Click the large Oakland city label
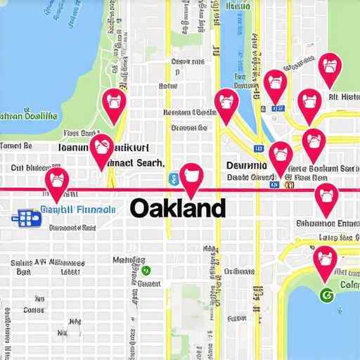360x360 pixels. (178, 208)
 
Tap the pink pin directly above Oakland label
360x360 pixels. (191, 179)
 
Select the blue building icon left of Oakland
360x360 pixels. (27, 217)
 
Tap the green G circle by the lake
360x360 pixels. (325, 295)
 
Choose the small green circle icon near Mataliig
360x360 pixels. (146, 270)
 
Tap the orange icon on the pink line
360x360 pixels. (286, 184)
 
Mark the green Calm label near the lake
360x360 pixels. (349, 285)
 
